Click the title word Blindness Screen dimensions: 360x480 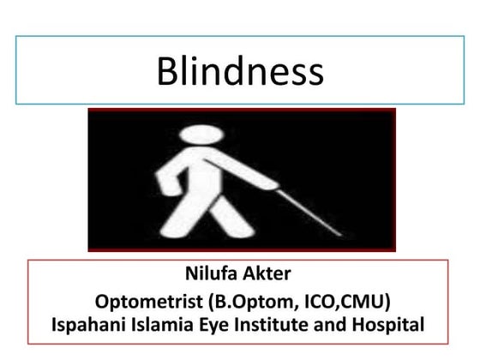240,72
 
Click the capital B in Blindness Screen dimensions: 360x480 166,72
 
